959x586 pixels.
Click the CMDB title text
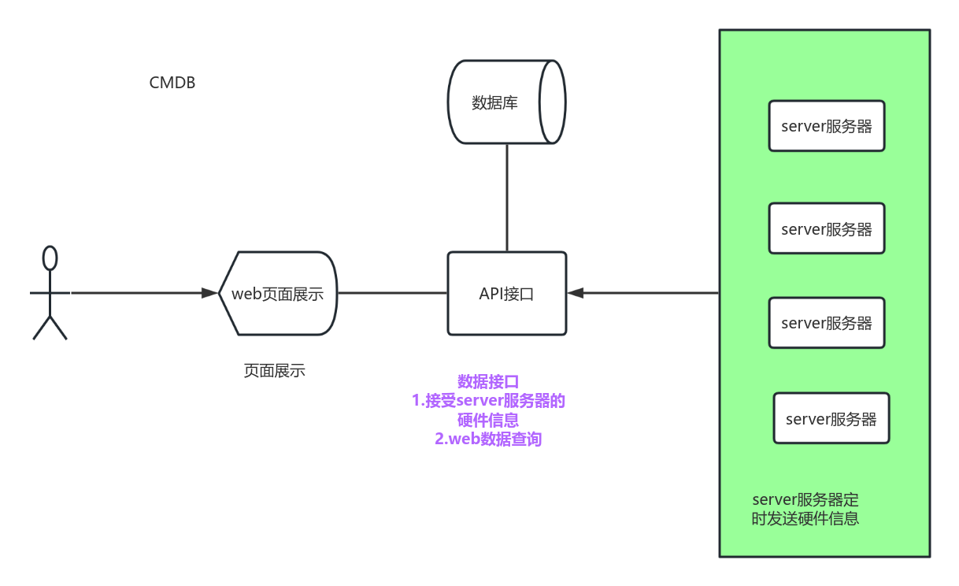[x=172, y=83]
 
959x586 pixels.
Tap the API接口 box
[x=506, y=293]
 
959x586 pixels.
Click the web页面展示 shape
[x=278, y=293]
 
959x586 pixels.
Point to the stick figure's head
[x=50, y=258]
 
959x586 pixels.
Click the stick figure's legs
[x=50, y=327]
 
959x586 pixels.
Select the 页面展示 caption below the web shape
[x=274, y=371]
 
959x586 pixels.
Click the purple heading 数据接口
[x=488, y=382]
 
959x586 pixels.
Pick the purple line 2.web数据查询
[x=488, y=439]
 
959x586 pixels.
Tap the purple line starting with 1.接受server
[x=488, y=401]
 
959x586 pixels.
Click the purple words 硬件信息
[x=488, y=420]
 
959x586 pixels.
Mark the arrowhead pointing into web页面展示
[x=209, y=293]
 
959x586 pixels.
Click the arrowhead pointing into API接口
[x=576, y=293]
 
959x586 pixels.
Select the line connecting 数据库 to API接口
[x=506, y=197]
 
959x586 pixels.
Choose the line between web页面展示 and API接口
[x=392, y=293]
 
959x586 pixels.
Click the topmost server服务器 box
[x=826, y=126]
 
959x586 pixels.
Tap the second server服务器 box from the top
[x=826, y=228]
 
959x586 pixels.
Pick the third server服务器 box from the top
[x=826, y=323]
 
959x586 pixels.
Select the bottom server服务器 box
[x=831, y=418]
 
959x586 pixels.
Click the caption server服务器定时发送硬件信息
[x=805, y=509]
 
